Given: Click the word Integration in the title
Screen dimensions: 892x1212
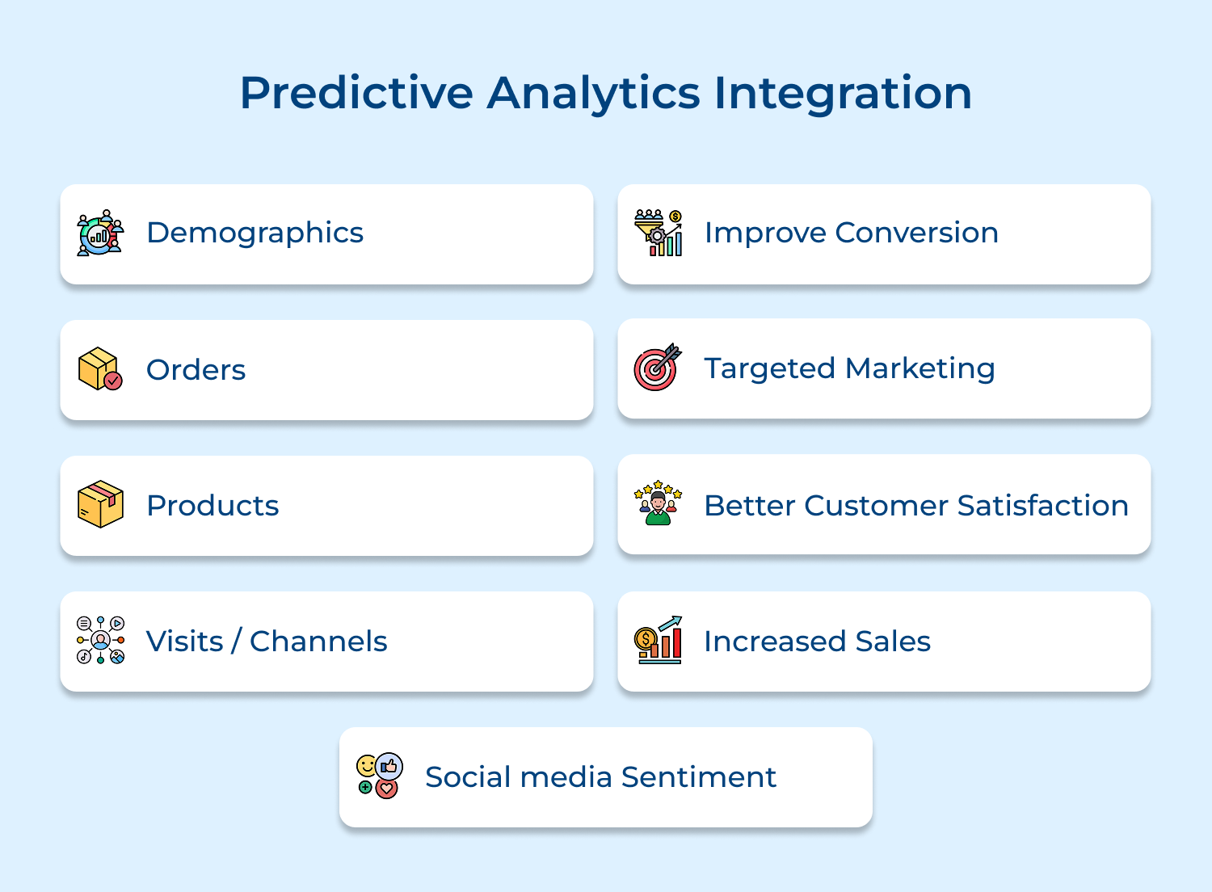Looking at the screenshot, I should [843, 93].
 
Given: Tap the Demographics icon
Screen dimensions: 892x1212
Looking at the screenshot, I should [100, 233].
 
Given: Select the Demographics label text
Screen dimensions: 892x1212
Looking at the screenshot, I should [255, 233].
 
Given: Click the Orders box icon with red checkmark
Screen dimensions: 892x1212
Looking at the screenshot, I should [100, 368].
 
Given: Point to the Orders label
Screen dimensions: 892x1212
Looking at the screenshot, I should [196, 370].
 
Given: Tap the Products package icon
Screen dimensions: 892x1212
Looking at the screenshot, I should [100, 504].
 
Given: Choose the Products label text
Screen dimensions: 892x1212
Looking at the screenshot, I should [213, 506].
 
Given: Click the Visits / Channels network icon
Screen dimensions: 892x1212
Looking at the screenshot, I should [100, 640].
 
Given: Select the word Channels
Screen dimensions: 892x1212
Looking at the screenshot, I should [318, 642].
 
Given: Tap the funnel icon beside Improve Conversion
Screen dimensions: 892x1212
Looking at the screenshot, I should [658, 233].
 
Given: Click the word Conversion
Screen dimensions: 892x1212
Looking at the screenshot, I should [916, 233].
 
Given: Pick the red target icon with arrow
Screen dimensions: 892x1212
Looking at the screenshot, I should [657, 368].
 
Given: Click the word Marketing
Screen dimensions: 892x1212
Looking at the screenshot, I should [920, 368].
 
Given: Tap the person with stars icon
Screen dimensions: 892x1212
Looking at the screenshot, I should [658, 503].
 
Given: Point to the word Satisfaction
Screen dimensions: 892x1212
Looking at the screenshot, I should [1042, 506].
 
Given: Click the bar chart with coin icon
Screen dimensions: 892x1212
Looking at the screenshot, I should [658, 640].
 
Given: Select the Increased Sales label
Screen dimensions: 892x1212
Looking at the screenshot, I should [817, 642].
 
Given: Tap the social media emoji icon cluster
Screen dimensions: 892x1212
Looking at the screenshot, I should [379, 776].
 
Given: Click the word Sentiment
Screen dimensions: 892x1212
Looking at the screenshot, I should [698, 777].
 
